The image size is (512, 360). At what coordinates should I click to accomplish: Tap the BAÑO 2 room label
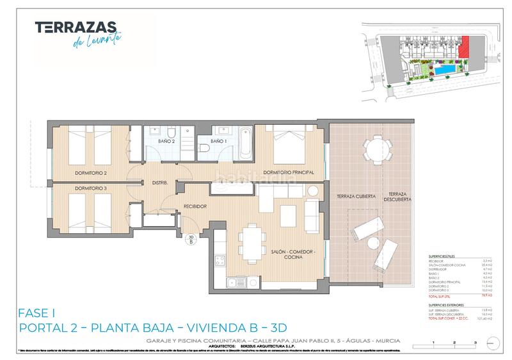(166, 141)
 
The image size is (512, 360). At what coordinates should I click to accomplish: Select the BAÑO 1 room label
(219, 141)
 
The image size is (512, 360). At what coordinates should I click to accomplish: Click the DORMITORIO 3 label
(90, 188)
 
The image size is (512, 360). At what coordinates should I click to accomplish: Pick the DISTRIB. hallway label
(159, 183)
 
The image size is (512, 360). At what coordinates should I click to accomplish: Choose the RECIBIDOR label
(195, 206)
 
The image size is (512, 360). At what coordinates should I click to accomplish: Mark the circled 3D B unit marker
(190, 241)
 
